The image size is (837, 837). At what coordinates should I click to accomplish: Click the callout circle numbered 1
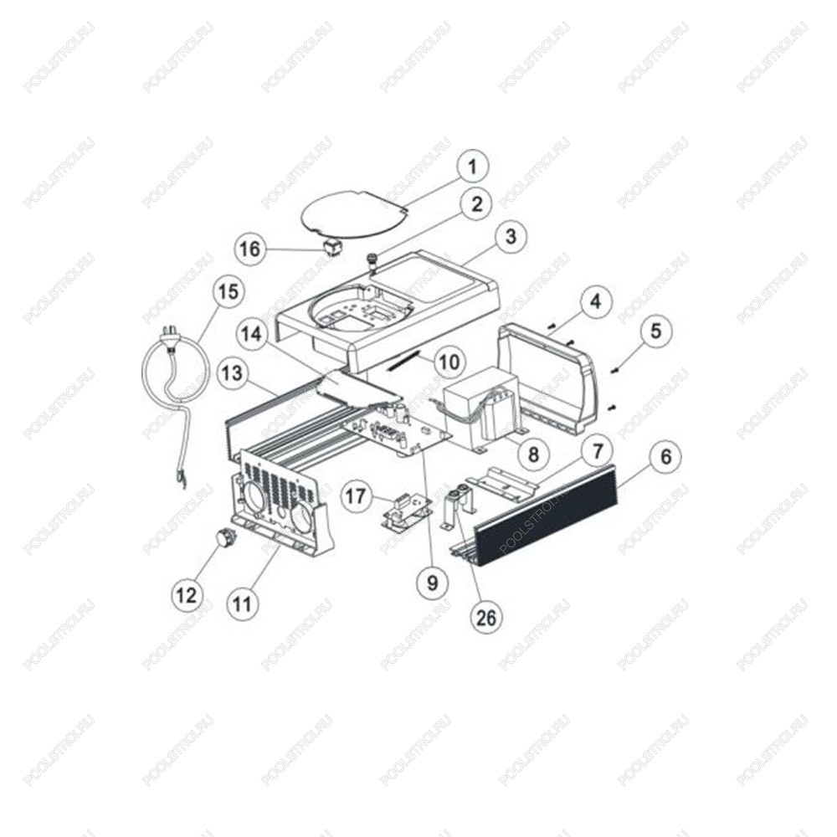click(x=472, y=167)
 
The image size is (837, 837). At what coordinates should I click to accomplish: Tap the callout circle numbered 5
click(x=655, y=331)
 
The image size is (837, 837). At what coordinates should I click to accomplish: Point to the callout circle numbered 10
click(x=449, y=362)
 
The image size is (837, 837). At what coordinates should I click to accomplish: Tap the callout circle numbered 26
click(x=486, y=618)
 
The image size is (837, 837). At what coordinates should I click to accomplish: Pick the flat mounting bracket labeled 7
click(x=503, y=481)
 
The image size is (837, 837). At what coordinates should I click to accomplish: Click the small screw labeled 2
click(x=369, y=263)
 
